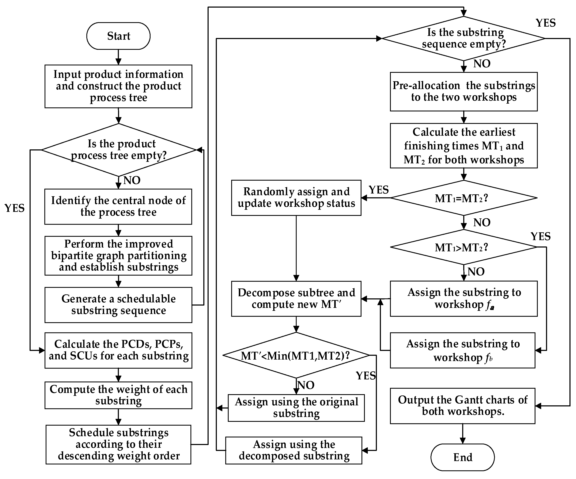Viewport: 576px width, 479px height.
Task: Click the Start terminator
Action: (118, 36)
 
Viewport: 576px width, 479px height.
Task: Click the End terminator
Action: (463, 457)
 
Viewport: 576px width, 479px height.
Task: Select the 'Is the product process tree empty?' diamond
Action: (119, 150)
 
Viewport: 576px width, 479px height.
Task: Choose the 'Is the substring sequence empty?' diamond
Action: (463, 39)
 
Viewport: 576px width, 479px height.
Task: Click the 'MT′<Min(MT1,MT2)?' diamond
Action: (296, 355)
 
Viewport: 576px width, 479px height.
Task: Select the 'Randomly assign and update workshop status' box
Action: (296, 198)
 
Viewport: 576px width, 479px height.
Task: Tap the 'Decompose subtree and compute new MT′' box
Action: (296, 299)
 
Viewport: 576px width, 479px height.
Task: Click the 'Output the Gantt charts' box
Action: (463, 406)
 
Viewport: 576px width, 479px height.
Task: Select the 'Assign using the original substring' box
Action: (296, 408)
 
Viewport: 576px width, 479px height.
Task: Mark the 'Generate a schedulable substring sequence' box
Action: (118, 305)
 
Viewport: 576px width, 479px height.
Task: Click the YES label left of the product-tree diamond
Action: (15, 208)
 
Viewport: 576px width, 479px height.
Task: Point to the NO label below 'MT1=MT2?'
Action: (482, 222)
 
